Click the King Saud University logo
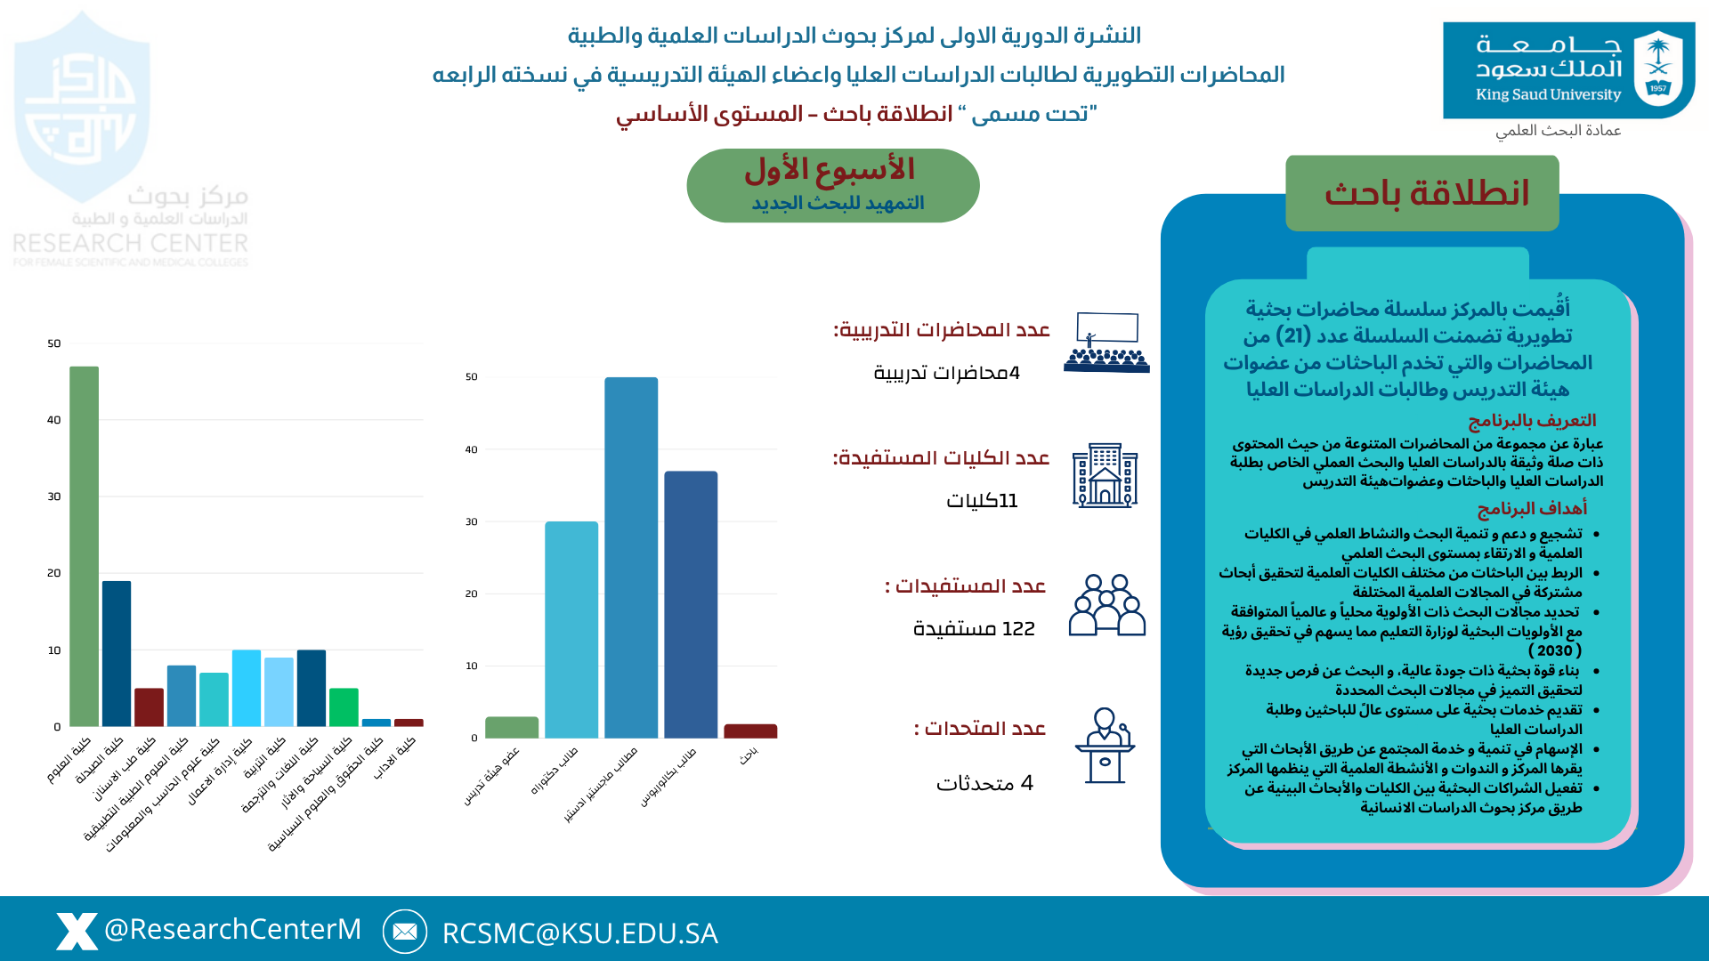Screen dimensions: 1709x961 (1568, 69)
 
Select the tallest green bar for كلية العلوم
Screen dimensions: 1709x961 (85, 546)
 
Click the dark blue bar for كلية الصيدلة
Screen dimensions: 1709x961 (117, 653)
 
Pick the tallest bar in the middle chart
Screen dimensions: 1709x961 (631, 557)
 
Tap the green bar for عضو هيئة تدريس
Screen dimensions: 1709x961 (512, 727)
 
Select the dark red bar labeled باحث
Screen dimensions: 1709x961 (750, 731)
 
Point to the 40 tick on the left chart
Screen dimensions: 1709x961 (54, 420)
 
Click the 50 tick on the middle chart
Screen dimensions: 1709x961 (472, 377)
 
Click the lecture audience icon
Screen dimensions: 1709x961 (1106, 343)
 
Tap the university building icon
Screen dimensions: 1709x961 (1105, 476)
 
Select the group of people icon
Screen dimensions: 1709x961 (1106, 605)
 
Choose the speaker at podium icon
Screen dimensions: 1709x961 (1105, 746)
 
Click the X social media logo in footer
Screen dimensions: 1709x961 (77, 931)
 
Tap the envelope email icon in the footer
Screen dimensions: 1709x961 (405, 932)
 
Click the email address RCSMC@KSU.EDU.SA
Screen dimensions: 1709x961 (579, 933)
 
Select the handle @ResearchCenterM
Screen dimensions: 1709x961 (233, 929)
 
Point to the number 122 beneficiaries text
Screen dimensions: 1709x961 (974, 629)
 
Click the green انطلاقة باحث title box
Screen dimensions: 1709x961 (1421, 193)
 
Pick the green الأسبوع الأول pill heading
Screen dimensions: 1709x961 (832, 185)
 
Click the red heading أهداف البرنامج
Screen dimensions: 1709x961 (1532, 508)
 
